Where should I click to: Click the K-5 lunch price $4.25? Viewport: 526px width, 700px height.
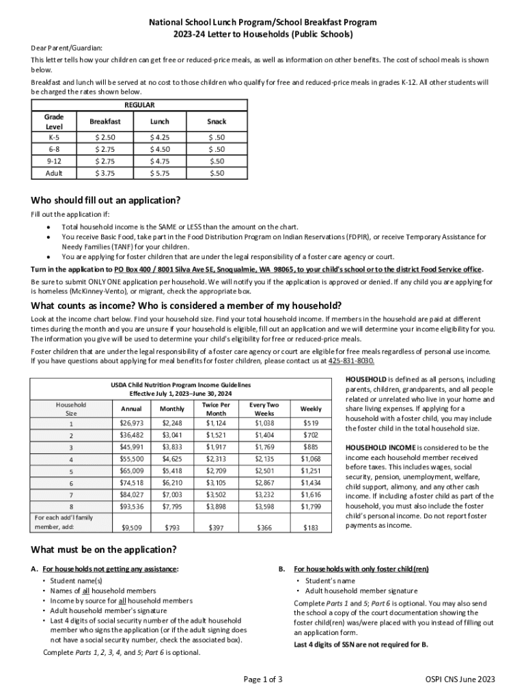(160, 137)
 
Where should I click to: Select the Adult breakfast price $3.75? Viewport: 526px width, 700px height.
(105, 173)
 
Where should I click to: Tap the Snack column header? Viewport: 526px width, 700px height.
(217, 121)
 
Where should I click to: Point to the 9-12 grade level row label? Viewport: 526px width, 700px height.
(53, 161)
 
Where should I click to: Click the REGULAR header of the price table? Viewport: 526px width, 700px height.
(139, 105)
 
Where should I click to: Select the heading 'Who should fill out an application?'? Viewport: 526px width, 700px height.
(106, 200)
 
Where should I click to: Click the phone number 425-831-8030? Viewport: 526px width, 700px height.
(351, 361)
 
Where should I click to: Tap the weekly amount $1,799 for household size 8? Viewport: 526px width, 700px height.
(311, 507)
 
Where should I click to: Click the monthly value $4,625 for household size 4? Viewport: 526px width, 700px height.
(172, 459)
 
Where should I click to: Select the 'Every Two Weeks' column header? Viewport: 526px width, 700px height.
(264, 409)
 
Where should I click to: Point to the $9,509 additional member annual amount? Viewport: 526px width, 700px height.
(131, 528)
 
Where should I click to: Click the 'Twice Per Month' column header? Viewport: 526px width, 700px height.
(216, 409)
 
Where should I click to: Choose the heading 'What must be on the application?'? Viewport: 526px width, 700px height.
(104, 550)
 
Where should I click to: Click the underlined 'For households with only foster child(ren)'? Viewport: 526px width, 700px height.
(361, 569)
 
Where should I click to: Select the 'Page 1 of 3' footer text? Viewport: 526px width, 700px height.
(263, 679)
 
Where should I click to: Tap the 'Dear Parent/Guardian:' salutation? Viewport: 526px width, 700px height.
(66, 48)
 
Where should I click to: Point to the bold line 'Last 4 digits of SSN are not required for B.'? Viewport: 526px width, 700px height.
(361, 645)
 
